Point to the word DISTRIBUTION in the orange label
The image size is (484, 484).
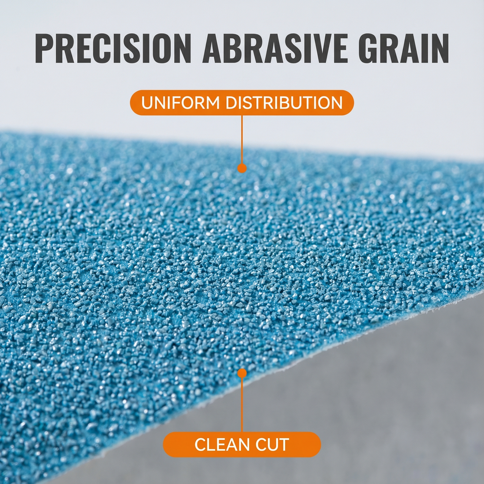284,103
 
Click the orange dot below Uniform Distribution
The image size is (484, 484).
242,168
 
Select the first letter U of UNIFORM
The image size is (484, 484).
147,103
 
